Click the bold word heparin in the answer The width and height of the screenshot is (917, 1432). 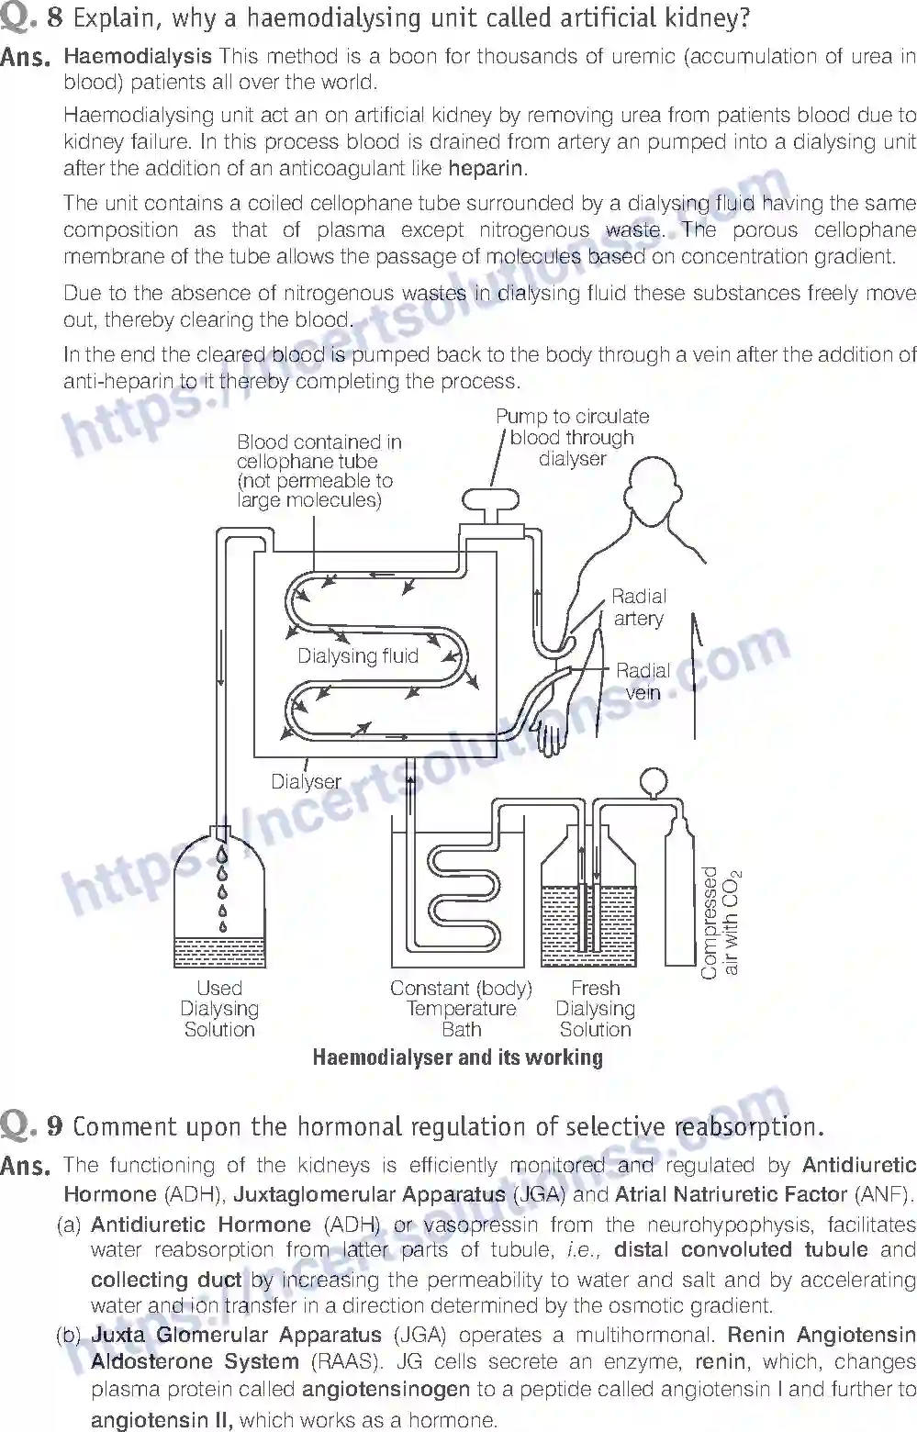click(x=486, y=169)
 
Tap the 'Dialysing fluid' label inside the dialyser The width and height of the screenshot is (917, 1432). click(x=357, y=656)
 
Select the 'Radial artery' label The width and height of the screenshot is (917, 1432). click(x=639, y=608)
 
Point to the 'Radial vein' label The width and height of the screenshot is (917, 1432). click(x=643, y=681)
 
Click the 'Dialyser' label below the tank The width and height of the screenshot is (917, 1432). click(x=306, y=782)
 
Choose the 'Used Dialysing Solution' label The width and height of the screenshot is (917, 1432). click(x=219, y=1009)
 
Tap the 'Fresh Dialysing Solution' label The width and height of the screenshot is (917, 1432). click(x=595, y=1009)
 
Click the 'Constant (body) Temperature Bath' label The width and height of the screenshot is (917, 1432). click(x=461, y=1009)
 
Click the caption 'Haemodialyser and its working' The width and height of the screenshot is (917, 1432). click(x=457, y=1057)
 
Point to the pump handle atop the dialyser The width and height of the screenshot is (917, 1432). click(x=492, y=499)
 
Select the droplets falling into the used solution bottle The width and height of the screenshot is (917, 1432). click(x=222, y=890)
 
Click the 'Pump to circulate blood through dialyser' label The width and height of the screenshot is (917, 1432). click(x=572, y=438)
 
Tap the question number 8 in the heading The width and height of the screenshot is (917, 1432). click(x=54, y=17)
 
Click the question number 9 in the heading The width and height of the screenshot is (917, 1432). click(x=54, y=1125)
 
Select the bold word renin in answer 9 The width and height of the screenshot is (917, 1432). click(x=720, y=1361)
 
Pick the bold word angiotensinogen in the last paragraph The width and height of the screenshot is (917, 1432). click(x=386, y=1390)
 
